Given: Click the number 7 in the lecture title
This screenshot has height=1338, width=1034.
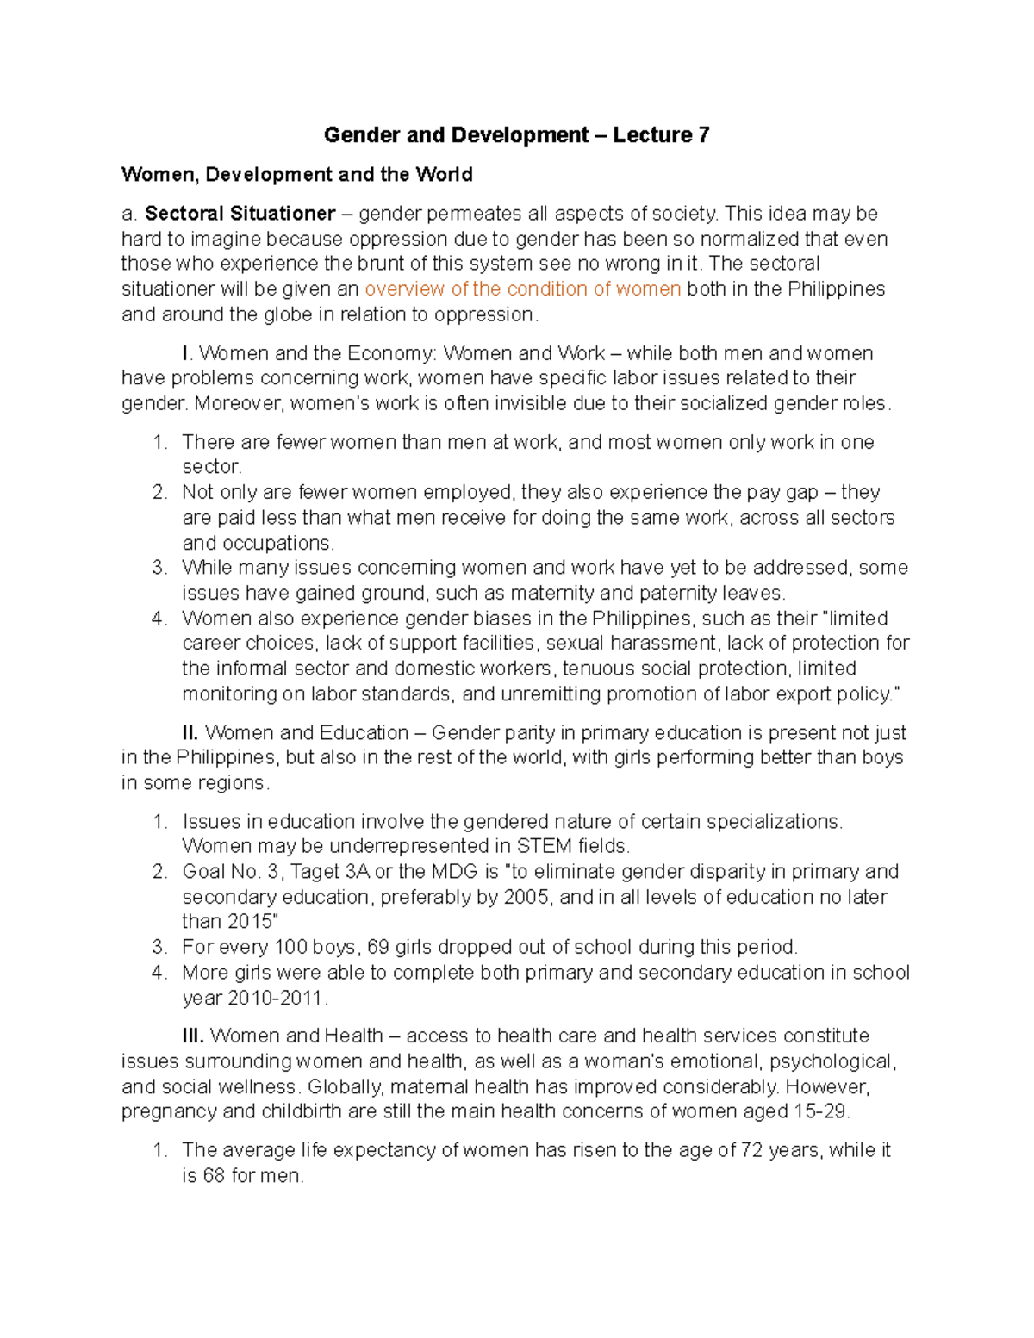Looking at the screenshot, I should click(704, 135).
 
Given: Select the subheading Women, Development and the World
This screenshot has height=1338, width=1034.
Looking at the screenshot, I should click(297, 175).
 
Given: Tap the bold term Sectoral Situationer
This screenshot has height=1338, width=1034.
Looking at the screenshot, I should click(240, 214).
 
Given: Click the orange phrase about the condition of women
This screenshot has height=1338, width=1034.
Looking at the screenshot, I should click(523, 289).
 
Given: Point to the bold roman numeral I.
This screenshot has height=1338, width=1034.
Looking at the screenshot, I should click(185, 354).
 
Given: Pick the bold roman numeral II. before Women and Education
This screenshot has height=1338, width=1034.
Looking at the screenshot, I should click(190, 733).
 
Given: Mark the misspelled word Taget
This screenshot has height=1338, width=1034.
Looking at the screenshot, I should click(315, 872).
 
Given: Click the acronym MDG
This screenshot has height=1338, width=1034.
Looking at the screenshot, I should click(454, 872).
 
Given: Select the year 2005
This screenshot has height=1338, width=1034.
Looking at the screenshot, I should click(526, 897).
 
